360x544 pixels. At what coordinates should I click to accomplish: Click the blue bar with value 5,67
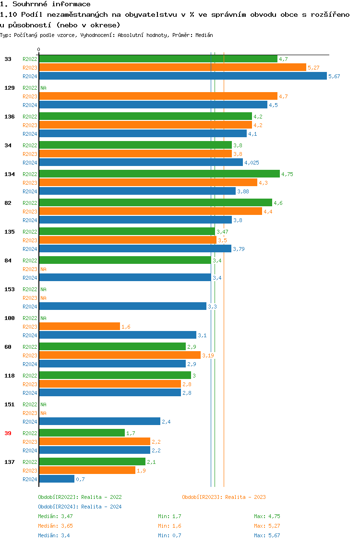tap(182, 76)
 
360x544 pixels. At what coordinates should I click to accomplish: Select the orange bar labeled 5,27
tap(172, 68)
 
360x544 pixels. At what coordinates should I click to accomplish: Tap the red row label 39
tap(8, 433)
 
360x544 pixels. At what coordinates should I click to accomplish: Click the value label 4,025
tap(252, 163)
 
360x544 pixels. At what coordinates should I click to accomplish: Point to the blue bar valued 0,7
tap(57, 479)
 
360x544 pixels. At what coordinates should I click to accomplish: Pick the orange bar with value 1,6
tap(79, 327)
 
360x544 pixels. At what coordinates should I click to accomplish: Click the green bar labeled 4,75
tap(159, 174)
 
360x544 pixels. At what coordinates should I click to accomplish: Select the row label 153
tap(9, 289)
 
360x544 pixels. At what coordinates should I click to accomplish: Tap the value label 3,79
tap(239, 249)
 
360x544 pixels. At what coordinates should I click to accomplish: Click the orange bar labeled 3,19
tap(120, 355)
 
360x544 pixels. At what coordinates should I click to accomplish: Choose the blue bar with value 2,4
tap(99, 422)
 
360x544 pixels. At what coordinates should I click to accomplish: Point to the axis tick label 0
tap(39, 49)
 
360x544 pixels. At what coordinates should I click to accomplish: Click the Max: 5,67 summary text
tap(267, 535)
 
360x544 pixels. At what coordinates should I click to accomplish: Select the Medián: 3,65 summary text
tap(55, 526)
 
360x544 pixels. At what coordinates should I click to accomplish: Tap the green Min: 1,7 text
tap(169, 516)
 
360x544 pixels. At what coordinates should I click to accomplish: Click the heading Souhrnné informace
tap(45, 4)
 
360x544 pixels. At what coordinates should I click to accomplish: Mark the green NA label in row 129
tap(43, 88)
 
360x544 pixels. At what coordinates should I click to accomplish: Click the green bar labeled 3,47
tap(127, 232)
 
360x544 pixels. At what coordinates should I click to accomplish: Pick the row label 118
tap(9, 376)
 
